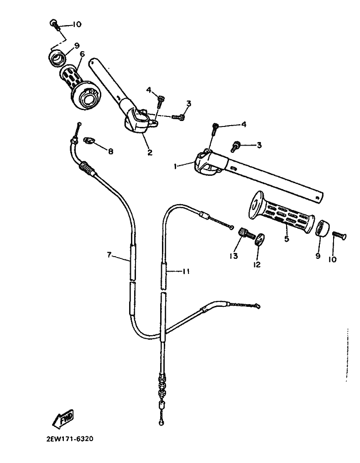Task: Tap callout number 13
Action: coord(234,256)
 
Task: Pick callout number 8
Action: coord(110,151)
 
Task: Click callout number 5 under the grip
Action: coord(287,239)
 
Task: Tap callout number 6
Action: coord(82,54)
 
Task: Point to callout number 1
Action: coord(176,167)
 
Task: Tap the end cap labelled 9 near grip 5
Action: coord(322,227)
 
